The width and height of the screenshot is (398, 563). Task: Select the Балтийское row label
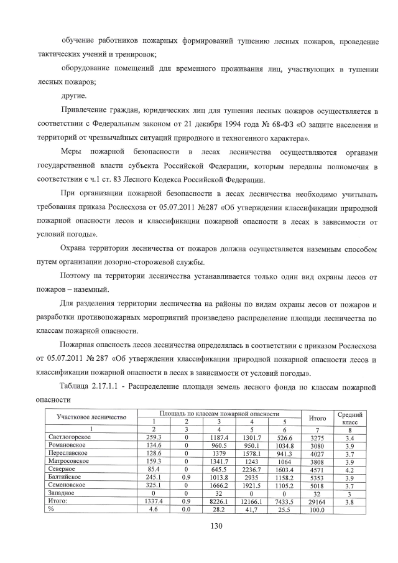[x=65, y=477]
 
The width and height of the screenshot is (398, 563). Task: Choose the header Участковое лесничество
[x=91, y=416]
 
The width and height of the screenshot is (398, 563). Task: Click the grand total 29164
[x=317, y=500]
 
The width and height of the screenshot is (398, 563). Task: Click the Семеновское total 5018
[x=317, y=485]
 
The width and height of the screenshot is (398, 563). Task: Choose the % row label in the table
[x=52, y=508]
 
